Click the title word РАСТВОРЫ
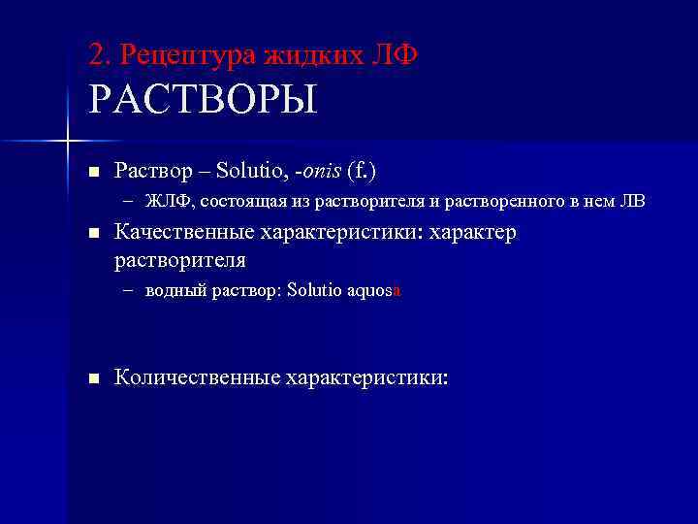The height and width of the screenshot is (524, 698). click(203, 100)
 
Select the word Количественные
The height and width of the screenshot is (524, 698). click(196, 377)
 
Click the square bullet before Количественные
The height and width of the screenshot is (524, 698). click(93, 378)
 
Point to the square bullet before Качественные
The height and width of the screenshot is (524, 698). click(93, 235)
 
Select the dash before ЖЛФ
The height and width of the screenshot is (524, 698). click(130, 202)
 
